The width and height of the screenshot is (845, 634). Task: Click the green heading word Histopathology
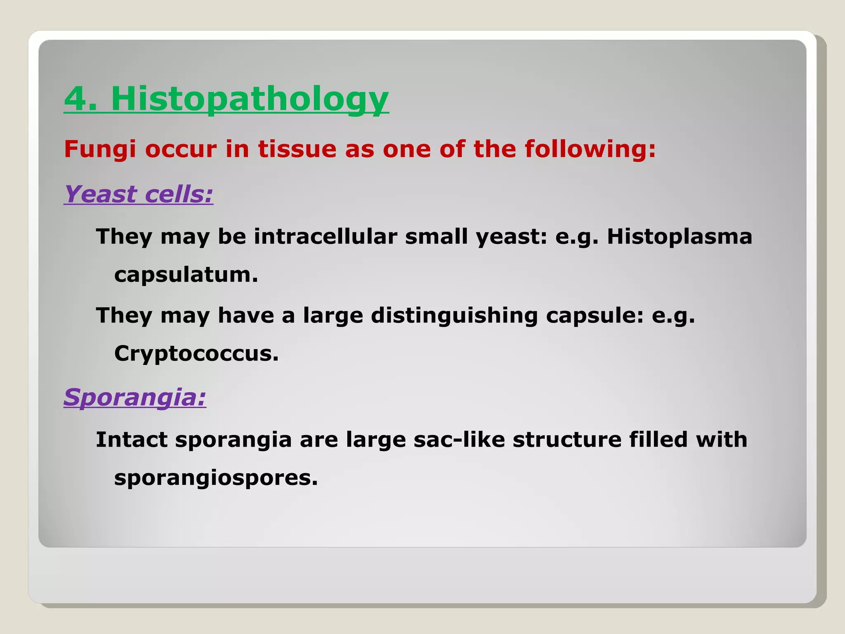250,99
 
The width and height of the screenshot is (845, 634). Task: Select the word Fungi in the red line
99,149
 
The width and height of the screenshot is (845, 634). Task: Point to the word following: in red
590,149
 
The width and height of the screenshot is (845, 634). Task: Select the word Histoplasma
679,237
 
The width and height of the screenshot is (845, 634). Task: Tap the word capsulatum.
186,274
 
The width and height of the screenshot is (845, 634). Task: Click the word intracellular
325,237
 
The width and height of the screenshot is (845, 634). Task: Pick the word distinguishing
454,316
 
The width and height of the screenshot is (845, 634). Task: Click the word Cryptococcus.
196,354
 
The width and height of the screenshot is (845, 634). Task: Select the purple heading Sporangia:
135,397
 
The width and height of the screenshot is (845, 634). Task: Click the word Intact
132,440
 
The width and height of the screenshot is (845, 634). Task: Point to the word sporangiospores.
216,478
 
